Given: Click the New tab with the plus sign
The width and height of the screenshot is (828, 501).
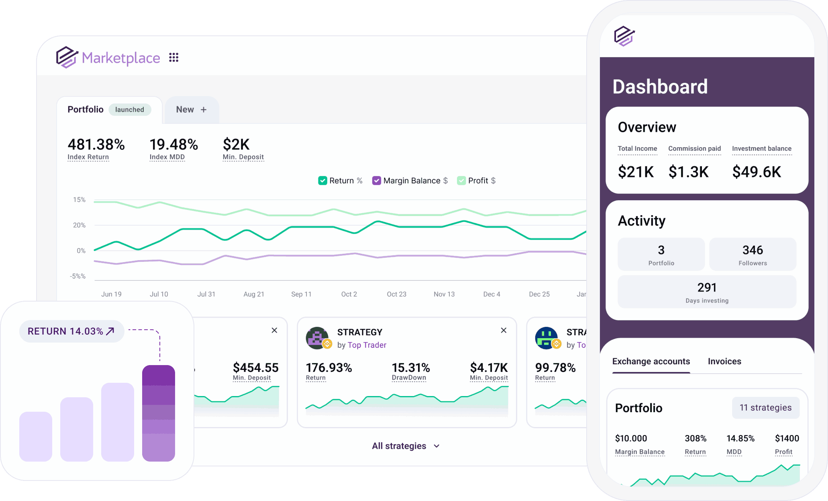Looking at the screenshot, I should pyautogui.click(x=192, y=110).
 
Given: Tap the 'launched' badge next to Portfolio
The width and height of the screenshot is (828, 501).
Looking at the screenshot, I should pyautogui.click(x=129, y=110).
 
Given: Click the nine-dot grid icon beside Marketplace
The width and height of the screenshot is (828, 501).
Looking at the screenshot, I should pyautogui.click(x=173, y=57).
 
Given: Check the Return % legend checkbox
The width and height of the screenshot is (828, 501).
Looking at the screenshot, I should pyautogui.click(x=322, y=181).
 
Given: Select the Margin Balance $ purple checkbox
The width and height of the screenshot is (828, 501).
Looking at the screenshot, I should pyautogui.click(x=376, y=181).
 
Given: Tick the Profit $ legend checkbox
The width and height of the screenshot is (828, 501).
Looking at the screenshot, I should pyautogui.click(x=461, y=181).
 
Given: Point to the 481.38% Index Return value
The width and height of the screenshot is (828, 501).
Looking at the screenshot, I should pyautogui.click(x=96, y=144).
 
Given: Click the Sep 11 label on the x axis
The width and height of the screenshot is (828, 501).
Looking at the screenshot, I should pyautogui.click(x=301, y=294).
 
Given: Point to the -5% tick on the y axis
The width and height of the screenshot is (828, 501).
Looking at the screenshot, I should pyautogui.click(x=78, y=276).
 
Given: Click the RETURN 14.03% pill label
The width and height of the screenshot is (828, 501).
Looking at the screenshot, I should pyautogui.click(x=71, y=331).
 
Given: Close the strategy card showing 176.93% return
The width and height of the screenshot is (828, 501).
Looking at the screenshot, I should pyautogui.click(x=504, y=330).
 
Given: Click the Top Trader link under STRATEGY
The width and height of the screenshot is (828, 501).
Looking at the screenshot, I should pyautogui.click(x=367, y=345).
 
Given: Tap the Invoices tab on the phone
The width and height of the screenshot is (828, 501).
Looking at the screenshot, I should pyautogui.click(x=724, y=361).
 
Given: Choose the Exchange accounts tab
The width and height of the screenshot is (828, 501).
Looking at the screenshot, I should pyautogui.click(x=651, y=361).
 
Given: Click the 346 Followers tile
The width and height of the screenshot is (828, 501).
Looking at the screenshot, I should pyautogui.click(x=753, y=255).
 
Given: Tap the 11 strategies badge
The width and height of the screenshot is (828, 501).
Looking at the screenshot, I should pyautogui.click(x=765, y=408).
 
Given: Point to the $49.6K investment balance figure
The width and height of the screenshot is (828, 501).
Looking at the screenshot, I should pyautogui.click(x=757, y=172).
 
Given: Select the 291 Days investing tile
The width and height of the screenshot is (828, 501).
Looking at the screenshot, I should pyautogui.click(x=707, y=292).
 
